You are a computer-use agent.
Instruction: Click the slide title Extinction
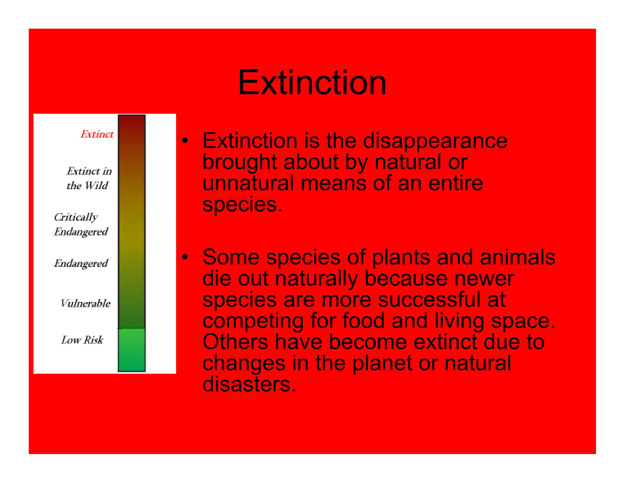pyautogui.click(x=312, y=82)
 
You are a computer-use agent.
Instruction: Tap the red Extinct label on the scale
pyautogui.click(x=97, y=134)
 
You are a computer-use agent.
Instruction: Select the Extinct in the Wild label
pyautogui.click(x=89, y=178)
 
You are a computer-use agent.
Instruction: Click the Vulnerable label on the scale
pyautogui.click(x=85, y=303)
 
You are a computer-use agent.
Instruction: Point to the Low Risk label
pyautogui.click(x=82, y=340)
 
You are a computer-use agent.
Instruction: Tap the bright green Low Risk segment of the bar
pyautogui.click(x=132, y=350)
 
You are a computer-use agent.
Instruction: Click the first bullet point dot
pyautogui.click(x=185, y=140)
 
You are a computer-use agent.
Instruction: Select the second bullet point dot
pyautogui.click(x=185, y=257)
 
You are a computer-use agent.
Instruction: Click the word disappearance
pyautogui.click(x=435, y=141)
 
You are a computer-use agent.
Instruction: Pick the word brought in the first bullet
pyautogui.click(x=240, y=162)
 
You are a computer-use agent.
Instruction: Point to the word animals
pyautogui.click(x=517, y=257)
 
